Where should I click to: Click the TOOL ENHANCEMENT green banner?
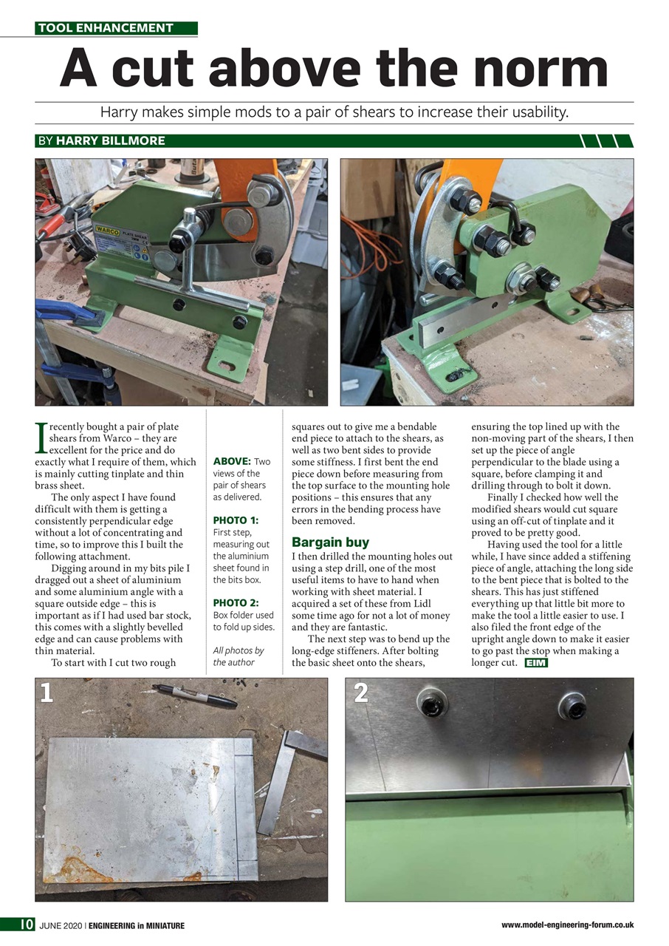click(x=116, y=28)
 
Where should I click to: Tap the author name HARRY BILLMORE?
click(x=111, y=140)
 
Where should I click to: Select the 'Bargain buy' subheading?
click(x=330, y=542)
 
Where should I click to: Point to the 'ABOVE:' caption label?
click(x=232, y=462)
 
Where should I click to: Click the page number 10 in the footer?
click(x=26, y=925)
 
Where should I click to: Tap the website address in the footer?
click(x=567, y=925)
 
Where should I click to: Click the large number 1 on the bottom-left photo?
click(x=47, y=693)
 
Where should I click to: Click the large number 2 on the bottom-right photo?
click(x=361, y=693)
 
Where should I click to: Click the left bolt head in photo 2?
click(x=431, y=703)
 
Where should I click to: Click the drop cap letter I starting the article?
click(x=41, y=438)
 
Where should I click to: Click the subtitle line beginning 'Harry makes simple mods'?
click(x=334, y=112)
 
